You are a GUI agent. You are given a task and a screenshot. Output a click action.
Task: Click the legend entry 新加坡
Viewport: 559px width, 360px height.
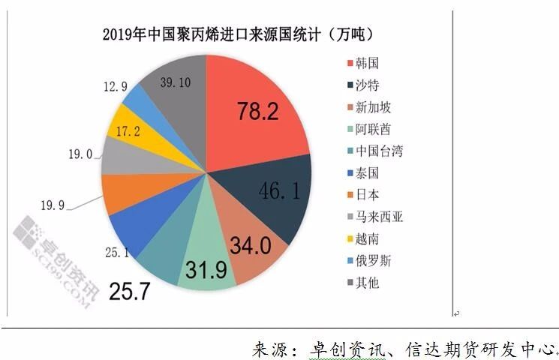click(x=374, y=107)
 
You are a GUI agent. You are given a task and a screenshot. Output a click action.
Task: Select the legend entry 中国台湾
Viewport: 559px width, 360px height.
click(x=379, y=151)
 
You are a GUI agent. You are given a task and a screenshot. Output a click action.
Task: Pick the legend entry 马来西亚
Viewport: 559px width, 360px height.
click(x=379, y=217)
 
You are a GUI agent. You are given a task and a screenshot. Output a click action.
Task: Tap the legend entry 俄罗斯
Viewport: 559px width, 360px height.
click(x=374, y=261)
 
